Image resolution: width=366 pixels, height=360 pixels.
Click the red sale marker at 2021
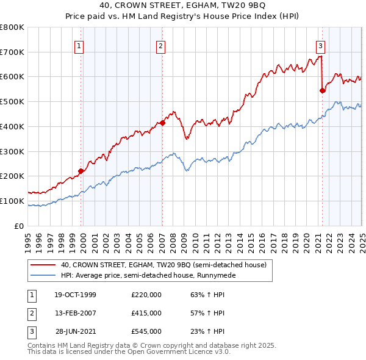click(x=322, y=90)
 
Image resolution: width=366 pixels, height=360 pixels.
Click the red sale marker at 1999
click(x=81, y=171)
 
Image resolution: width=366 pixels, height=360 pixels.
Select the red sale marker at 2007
click(x=163, y=123)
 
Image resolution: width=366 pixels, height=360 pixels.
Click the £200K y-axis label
click(x=12, y=176)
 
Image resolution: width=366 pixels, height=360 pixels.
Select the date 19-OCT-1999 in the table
click(x=75, y=295)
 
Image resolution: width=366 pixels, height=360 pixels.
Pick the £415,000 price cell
click(x=146, y=313)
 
